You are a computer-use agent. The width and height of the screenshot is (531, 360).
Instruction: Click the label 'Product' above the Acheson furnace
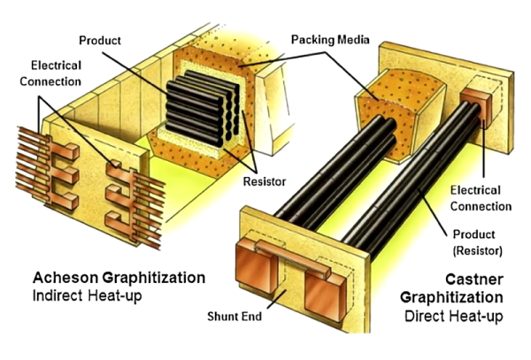[100, 42]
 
